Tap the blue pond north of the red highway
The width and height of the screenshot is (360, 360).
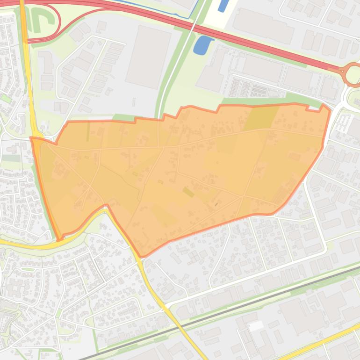click(223, 5)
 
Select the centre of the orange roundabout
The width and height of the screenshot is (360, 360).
click(353, 74)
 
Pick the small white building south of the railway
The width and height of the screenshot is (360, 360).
click(256, 326)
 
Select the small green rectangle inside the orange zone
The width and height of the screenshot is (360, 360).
click(188, 192)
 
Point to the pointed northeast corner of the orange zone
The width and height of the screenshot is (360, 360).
click(325, 106)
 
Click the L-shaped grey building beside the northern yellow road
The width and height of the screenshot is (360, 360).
click(47, 61)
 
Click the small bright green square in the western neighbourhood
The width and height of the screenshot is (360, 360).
click(6, 98)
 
